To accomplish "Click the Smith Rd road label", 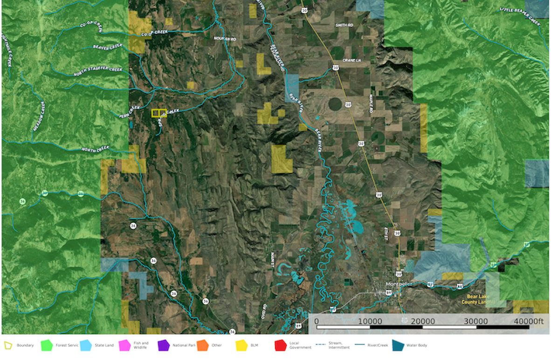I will coord(344,25).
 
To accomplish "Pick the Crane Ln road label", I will coord(352,60).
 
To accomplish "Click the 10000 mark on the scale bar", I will coord(370,321).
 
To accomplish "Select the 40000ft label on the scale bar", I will coord(528,321).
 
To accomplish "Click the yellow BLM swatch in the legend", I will coord(241,346).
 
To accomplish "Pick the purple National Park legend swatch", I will coord(163,346).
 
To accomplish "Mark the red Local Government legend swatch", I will coord(280,346).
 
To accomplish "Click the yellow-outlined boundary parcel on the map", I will coord(159,113).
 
